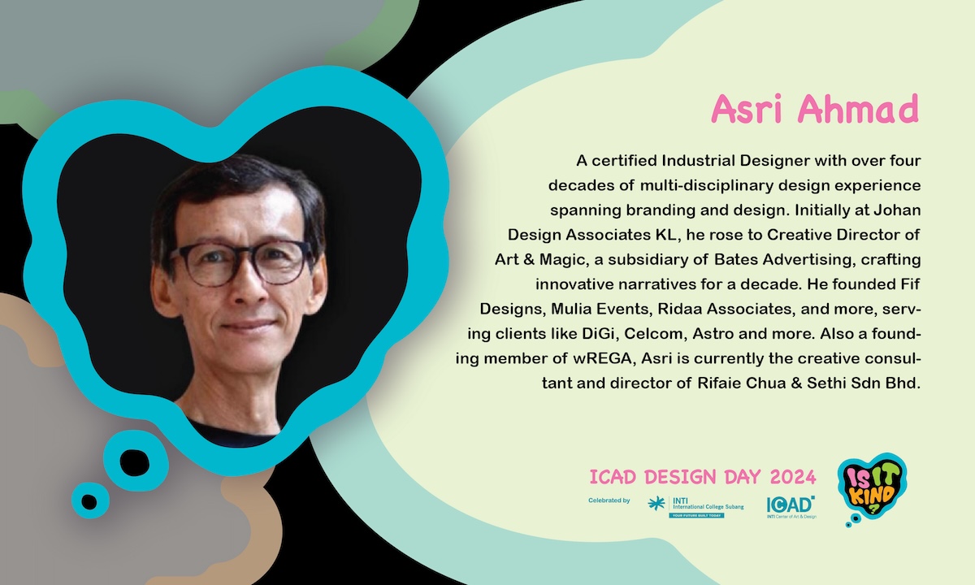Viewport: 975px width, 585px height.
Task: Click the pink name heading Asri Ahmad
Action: pos(815,108)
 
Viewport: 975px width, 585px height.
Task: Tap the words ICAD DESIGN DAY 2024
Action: pos(703,477)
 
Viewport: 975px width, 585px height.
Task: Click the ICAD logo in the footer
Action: pos(791,507)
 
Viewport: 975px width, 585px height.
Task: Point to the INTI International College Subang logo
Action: pos(695,507)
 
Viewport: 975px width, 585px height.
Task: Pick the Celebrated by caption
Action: pos(609,500)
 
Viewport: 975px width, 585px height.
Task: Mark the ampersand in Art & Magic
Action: pos(529,259)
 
